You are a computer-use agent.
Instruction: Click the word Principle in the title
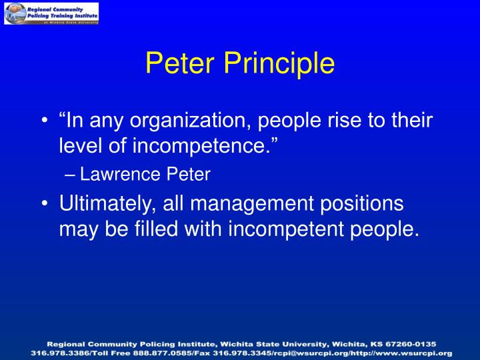[x=280, y=64]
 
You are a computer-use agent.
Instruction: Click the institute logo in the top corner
[x=52, y=13]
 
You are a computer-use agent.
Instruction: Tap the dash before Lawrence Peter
[x=71, y=175]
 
